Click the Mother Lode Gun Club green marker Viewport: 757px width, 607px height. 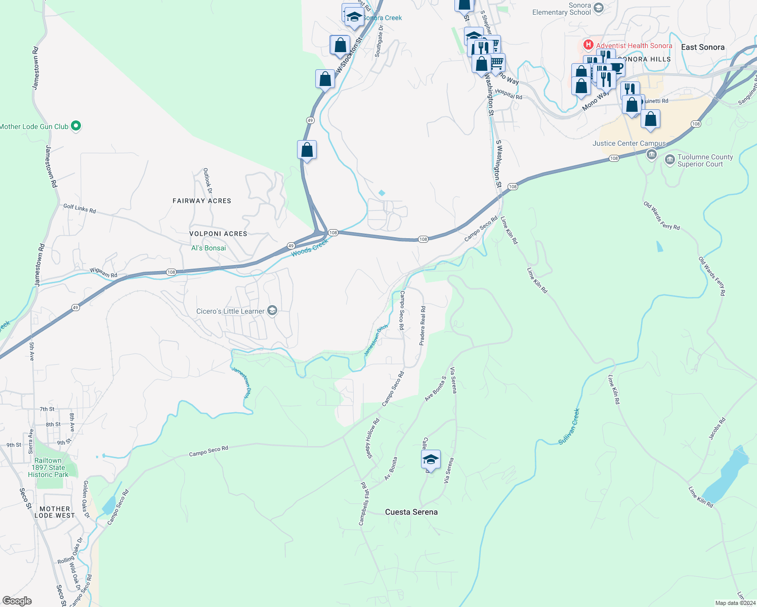(x=76, y=126)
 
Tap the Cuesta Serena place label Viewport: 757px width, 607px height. (x=411, y=512)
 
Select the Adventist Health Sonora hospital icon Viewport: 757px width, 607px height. (x=588, y=45)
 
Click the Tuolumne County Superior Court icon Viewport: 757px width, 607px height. (x=669, y=161)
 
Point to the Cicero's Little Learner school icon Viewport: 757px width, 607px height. (x=272, y=311)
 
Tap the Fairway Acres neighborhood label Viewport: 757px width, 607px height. (x=202, y=201)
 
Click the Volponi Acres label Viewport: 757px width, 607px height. (x=218, y=234)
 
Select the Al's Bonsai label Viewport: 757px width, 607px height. (x=208, y=248)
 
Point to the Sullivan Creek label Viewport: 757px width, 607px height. (x=569, y=426)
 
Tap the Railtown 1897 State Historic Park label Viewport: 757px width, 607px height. (x=48, y=467)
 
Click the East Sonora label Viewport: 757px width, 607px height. (x=702, y=47)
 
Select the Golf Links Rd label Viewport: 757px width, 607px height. (x=79, y=208)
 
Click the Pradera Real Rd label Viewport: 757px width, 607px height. (x=423, y=326)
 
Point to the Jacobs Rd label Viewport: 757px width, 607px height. (x=717, y=427)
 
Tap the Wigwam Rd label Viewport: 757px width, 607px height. (x=103, y=273)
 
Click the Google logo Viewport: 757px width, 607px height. (x=17, y=600)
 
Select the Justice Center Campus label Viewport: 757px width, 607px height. (x=629, y=143)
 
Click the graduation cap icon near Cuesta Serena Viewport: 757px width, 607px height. (x=430, y=460)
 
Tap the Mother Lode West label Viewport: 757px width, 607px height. (x=55, y=512)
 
